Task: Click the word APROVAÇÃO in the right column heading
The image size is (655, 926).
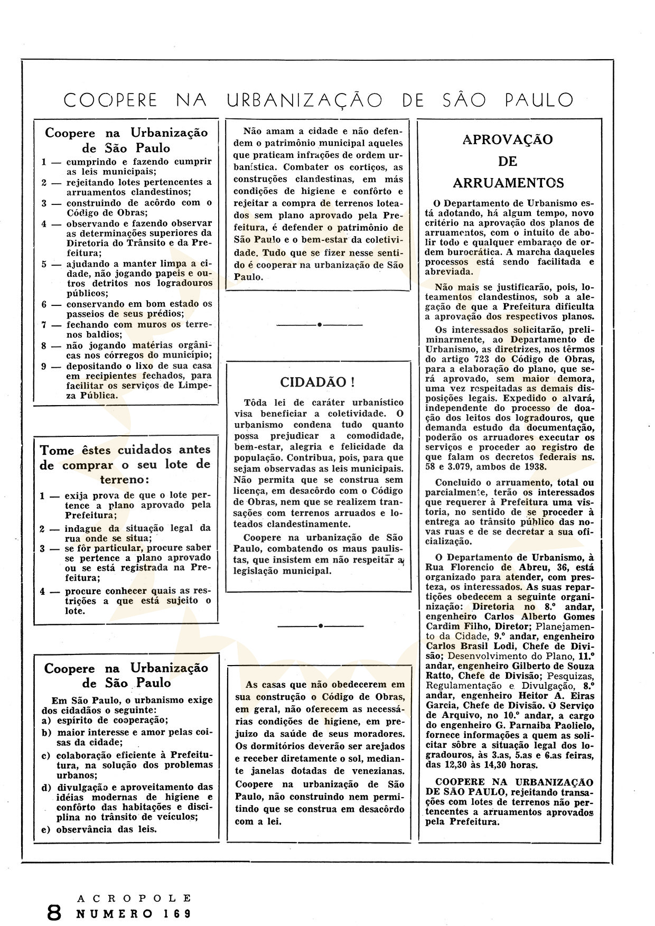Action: pyautogui.click(x=508, y=139)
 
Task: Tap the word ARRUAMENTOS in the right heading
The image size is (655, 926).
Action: pyautogui.click(x=508, y=183)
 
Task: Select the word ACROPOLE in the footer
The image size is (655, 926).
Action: pyautogui.click(x=134, y=898)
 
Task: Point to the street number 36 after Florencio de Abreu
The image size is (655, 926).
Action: pyautogui.click(x=541, y=567)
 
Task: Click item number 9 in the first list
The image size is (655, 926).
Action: pyautogui.click(x=45, y=366)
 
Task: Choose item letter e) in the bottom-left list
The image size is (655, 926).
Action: pyautogui.click(x=46, y=829)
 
